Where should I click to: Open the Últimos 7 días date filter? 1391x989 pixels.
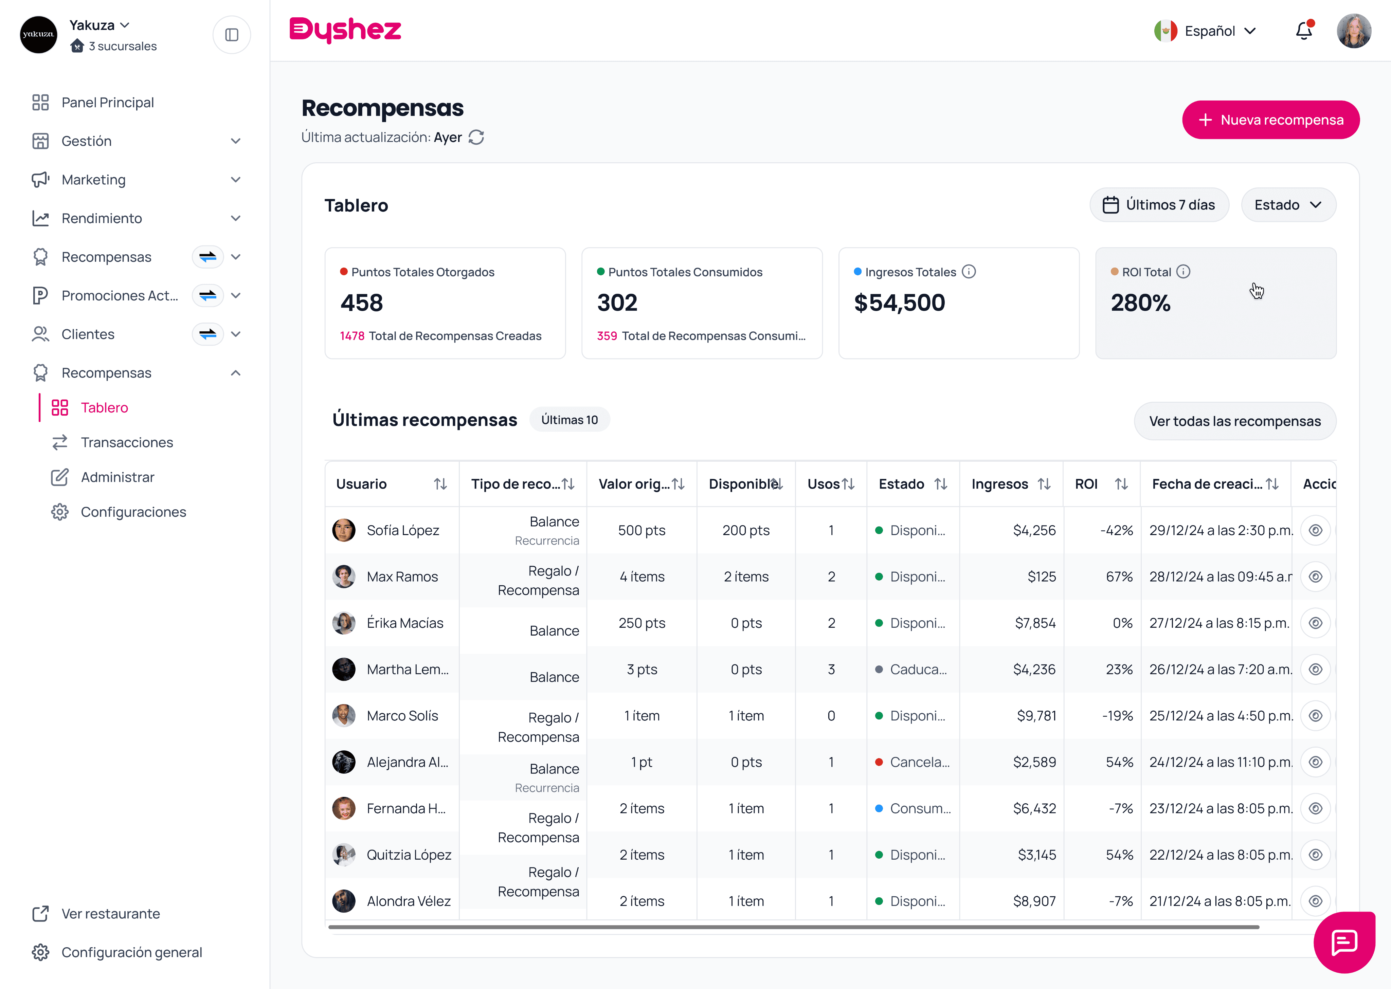pos(1159,205)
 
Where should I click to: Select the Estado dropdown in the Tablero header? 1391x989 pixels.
pos(1288,205)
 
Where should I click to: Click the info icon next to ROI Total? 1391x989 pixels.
pos(1183,272)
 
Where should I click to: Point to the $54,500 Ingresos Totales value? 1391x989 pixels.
pos(900,303)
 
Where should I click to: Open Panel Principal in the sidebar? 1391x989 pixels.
pos(107,102)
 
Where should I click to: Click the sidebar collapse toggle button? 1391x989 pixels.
pos(231,35)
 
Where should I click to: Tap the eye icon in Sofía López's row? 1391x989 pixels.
pos(1316,530)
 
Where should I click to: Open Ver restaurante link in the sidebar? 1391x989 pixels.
pos(110,914)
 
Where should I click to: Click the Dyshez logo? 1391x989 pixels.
pos(345,30)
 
